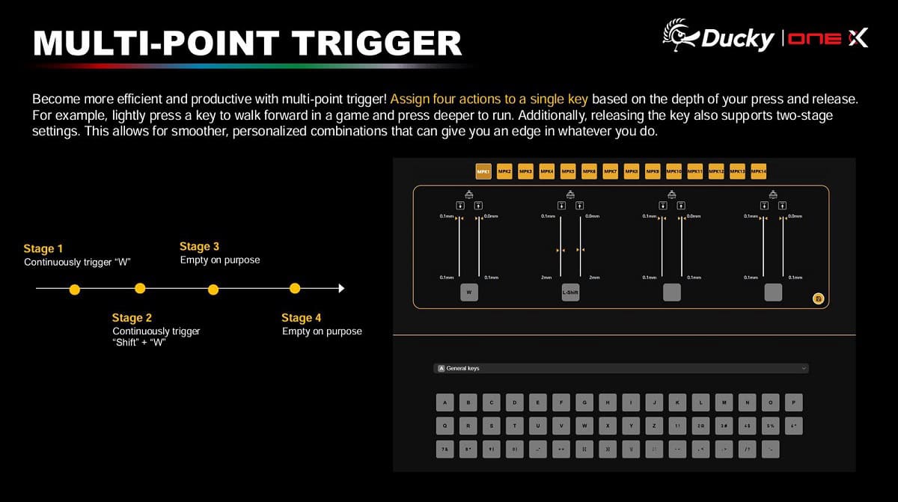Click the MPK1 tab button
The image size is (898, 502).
click(x=483, y=172)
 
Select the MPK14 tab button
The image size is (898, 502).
click(x=759, y=172)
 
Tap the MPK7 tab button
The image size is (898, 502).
click(x=611, y=172)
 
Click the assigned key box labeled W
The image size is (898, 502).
click(x=468, y=293)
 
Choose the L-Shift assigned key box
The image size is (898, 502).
click(x=570, y=293)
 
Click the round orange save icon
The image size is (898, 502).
click(x=819, y=299)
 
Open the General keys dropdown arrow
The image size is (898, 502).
click(x=804, y=368)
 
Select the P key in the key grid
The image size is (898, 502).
click(x=793, y=402)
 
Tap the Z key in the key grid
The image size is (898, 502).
click(x=654, y=426)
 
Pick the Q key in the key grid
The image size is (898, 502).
click(x=446, y=426)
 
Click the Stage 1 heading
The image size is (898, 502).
click(x=43, y=248)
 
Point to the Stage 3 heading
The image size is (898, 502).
click(x=199, y=246)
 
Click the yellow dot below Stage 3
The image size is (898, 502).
click(x=213, y=289)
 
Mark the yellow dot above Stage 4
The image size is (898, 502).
click(x=295, y=288)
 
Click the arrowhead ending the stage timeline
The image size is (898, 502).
click(x=341, y=288)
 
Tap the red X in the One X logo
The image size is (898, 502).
click(x=858, y=37)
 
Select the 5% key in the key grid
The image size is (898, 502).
click(x=770, y=426)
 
